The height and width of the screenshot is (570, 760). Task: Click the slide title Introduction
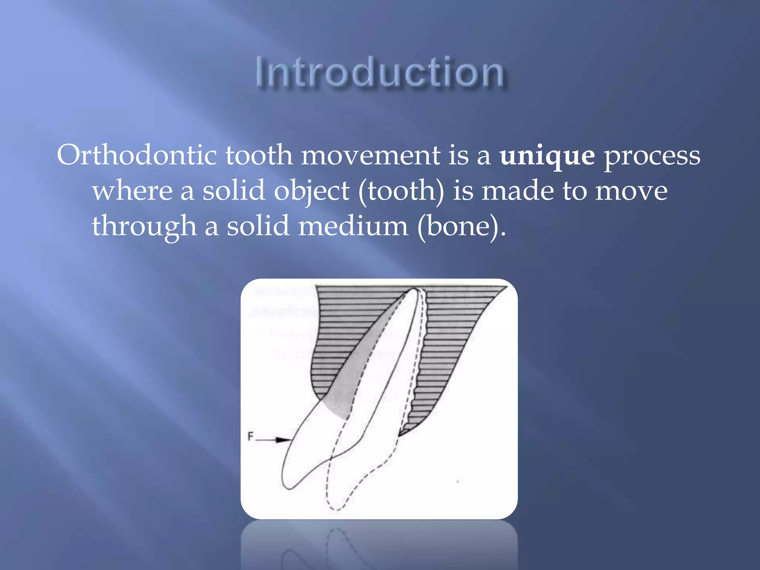379,72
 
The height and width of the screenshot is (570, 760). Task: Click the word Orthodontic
137,155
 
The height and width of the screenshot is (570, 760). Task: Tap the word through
144,226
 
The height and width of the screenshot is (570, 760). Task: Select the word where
132,191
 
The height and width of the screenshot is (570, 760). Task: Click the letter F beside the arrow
250,436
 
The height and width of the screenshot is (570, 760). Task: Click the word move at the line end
631,191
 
